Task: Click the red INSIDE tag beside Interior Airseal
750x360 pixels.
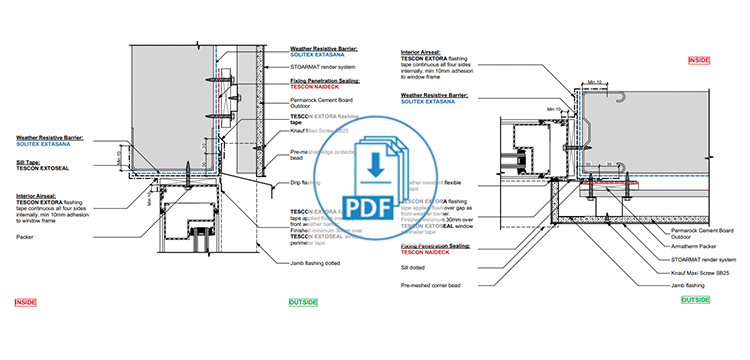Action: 700,61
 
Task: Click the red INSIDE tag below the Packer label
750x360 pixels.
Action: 27,300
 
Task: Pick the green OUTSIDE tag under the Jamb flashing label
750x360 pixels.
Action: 693,300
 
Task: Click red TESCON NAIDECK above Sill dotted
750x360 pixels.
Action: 428,252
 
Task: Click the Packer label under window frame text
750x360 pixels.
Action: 25,237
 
